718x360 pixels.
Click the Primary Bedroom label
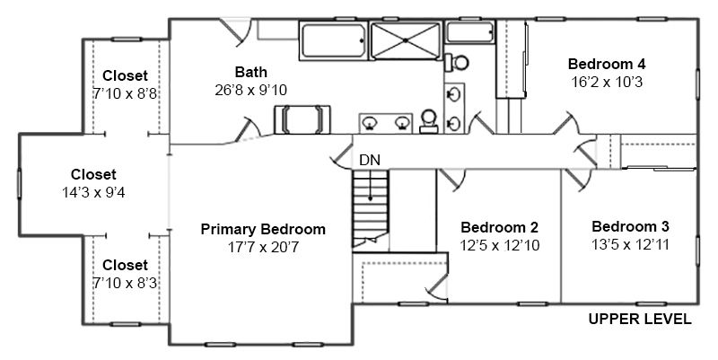tap(263, 229)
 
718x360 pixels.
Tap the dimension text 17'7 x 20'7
tap(263, 247)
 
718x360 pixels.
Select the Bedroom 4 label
tap(607, 63)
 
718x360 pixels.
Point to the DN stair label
tap(370, 161)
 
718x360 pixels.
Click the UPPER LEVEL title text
tap(640, 320)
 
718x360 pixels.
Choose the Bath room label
tap(251, 72)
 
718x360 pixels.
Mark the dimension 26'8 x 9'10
tap(251, 91)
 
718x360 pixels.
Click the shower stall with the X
tap(406, 40)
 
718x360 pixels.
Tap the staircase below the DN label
tap(371, 209)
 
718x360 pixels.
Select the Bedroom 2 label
tap(499, 227)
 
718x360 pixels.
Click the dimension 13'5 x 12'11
tap(630, 244)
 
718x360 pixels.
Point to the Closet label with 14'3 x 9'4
tap(93, 174)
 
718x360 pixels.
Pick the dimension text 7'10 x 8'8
tap(125, 94)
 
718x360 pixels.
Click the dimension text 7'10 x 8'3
tap(125, 284)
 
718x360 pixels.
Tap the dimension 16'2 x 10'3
tap(607, 82)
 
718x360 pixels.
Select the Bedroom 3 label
tap(630, 226)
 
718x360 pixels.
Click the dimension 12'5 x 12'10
tap(500, 245)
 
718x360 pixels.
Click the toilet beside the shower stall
tap(456, 62)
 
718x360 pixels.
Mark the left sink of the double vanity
tap(370, 123)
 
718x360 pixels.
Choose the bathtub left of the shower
tap(334, 40)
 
